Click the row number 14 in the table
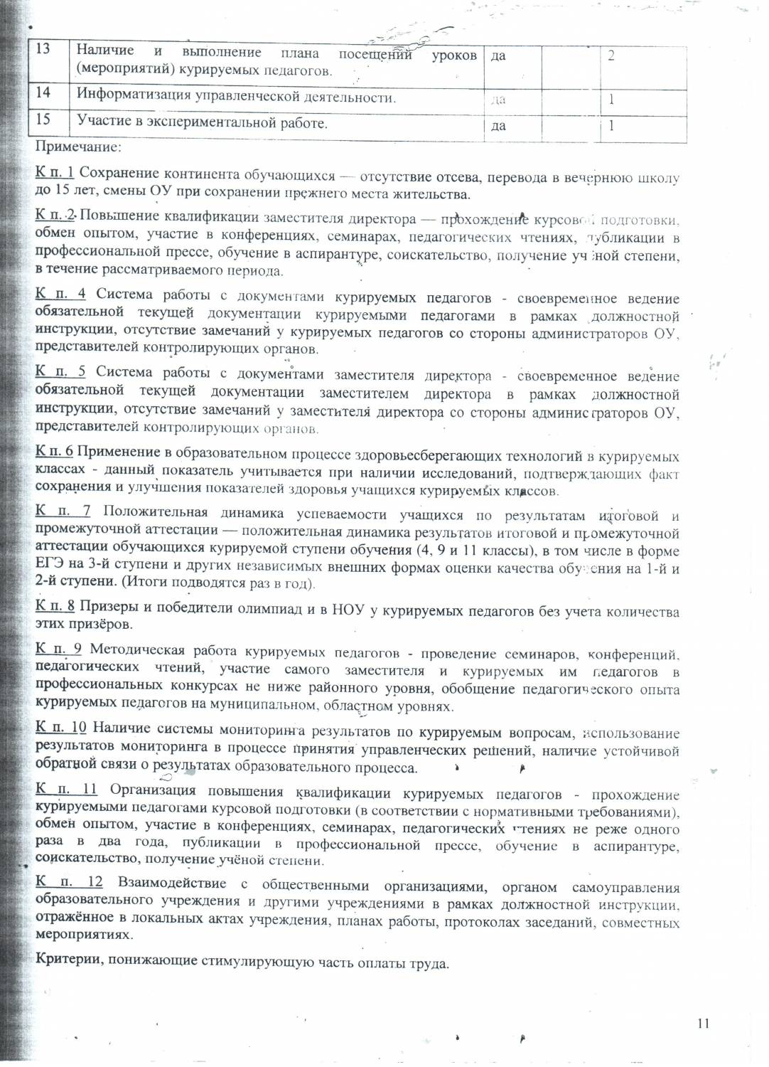click(x=43, y=92)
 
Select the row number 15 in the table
click(x=43, y=119)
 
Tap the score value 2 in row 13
click(x=611, y=56)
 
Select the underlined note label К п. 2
click(x=55, y=216)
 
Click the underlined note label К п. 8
click(x=55, y=605)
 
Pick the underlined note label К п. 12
click(x=69, y=882)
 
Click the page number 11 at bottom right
click(x=704, y=1024)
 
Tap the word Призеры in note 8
click(x=103, y=606)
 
